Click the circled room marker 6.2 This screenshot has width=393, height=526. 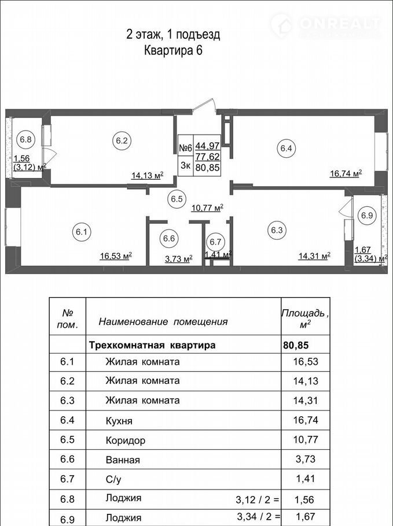pyautogui.click(x=122, y=140)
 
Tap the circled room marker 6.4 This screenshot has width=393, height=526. pyautogui.click(x=286, y=149)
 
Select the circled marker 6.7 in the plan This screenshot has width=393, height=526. pyautogui.click(x=215, y=242)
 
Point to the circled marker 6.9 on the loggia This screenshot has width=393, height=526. pyautogui.click(x=367, y=215)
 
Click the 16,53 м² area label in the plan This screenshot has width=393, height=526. pyautogui.click(x=116, y=256)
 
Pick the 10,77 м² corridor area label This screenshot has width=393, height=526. pyautogui.click(x=207, y=208)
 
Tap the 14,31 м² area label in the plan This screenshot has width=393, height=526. pyautogui.click(x=314, y=256)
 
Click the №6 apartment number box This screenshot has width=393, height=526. pyautogui.click(x=185, y=147)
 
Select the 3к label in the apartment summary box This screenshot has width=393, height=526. pyautogui.click(x=185, y=165)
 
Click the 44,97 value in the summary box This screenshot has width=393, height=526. pyautogui.click(x=208, y=146)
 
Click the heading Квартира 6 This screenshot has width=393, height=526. pyautogui.click(x=173, y=51)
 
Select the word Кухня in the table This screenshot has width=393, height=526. pyautogui.click(x=119, y=421)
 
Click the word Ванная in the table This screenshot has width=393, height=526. pyautogui.click(x=123, y=460)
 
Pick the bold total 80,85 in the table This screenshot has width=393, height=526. pyautogui.click(x=296, y=345)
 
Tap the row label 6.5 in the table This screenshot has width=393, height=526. pyautogui.click(x=67, y=439)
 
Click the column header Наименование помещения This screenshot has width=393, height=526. pyautogui.click(x=163, y=322)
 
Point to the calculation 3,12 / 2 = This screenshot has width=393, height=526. pyautogui.click(x=258, y=500)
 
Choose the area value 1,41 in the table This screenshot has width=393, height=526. pyautogui.click(x=306, y=479)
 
